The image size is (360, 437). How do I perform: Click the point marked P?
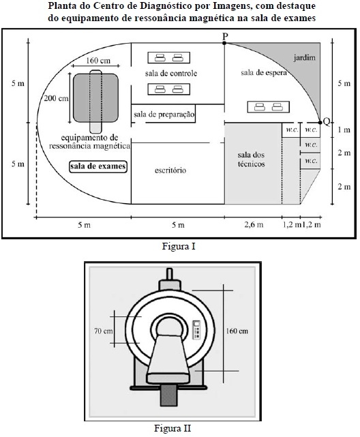tap(224, 43)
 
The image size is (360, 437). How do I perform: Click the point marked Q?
tap(320, 122)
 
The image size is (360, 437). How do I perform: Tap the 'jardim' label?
tap(304, 58)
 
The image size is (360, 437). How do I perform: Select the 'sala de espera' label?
tap(264, 73)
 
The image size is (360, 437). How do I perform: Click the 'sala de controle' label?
tap(171, 74)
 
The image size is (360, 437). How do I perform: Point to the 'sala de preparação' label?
tap(164, 115)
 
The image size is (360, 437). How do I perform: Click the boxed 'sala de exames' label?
tap(97, 166)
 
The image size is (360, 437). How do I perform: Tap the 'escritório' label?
tap(170, 170)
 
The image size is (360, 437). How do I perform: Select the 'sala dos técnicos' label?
tap(251, 160)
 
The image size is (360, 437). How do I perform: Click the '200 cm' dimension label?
tap(57, 98)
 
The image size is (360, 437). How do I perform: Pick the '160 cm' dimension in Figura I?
tap(97, 61)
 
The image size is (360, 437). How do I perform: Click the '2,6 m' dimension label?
tap(254, 224)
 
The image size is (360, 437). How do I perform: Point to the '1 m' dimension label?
tap(344, 130)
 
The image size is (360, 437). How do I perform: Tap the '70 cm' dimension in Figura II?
tap(104, 331)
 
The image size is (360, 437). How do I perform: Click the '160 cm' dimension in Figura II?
tap(237, 331)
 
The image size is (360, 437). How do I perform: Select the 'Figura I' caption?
tap(179, 246)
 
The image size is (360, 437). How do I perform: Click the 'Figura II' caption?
tap(172, 428)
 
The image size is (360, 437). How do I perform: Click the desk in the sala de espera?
tap(269, 107)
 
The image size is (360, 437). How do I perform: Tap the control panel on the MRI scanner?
tap(196, 330)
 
